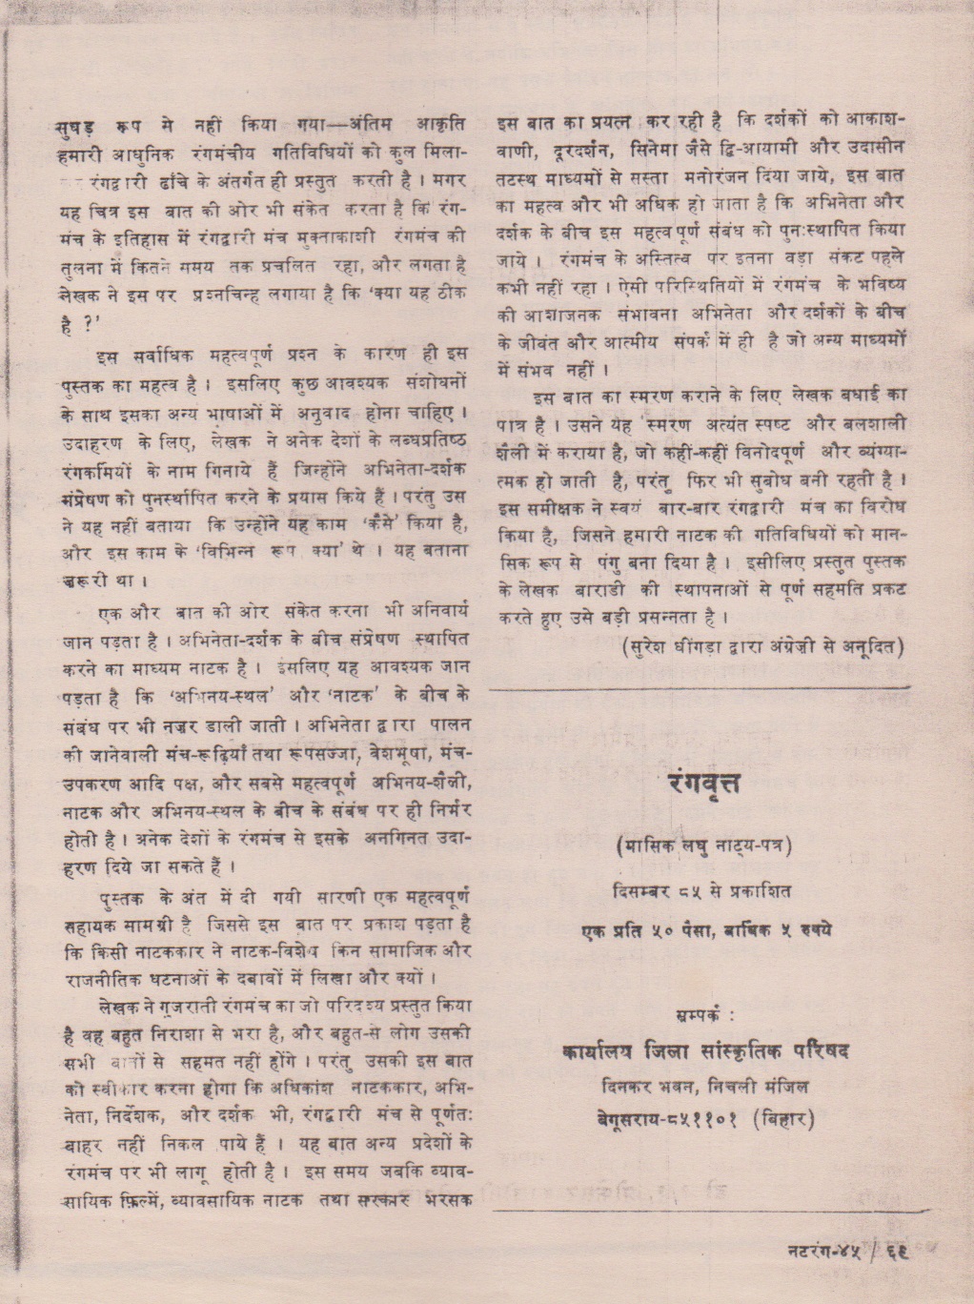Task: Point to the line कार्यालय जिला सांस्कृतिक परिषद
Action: tap(706, 1051)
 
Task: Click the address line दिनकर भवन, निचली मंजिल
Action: tap(705, 1084)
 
